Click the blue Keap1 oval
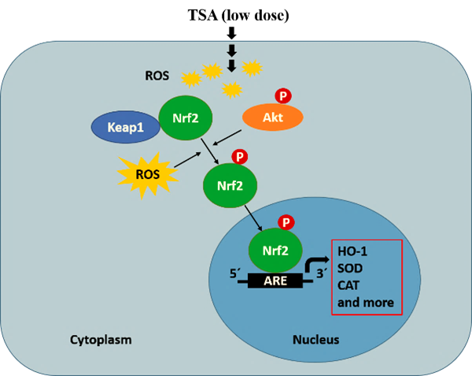tap(124, 127)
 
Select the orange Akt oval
tap(271, 117)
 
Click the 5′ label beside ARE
tap(234, 275)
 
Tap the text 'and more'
tap(365, 303)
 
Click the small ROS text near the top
tap(157, 76)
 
